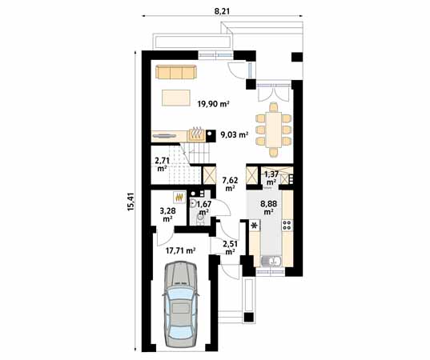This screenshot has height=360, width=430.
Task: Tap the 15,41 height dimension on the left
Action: tap(130, 206)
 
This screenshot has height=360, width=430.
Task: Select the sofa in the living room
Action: tap(176, 73)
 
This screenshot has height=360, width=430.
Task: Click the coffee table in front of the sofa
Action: tap(176, 98)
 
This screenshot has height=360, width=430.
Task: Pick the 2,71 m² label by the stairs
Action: tap(162, 165)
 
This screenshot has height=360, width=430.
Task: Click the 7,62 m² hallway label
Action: tap(231, 185)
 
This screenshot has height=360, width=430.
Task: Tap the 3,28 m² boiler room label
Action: tap(169, 214)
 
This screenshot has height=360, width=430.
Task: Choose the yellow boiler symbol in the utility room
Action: tap(180, 196)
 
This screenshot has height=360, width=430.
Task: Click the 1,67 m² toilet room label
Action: tap(204, 209)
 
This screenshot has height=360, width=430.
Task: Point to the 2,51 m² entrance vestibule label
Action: tap(230, 246)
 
